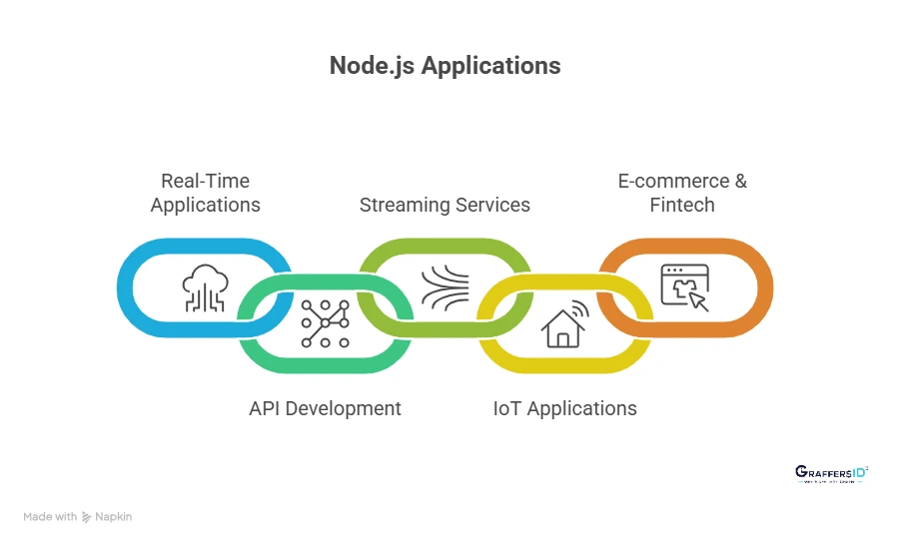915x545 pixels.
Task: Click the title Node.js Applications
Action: [445, 67]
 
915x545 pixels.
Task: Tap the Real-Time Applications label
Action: [205, 193]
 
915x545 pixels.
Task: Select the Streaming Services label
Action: [445, 205]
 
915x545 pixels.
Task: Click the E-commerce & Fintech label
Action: [682, 193]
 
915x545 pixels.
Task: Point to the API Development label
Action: [325, 408]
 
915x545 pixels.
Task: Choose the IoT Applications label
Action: [564, 408]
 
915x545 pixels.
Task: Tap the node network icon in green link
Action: [326, 323]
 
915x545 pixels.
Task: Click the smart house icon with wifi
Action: [564, 322]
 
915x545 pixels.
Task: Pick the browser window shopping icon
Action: [685, 286]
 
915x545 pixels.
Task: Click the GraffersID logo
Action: [831, 473]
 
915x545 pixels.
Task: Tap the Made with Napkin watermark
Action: [78, 517]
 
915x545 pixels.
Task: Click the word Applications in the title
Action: [490, 67]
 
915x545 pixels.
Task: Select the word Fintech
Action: [682, 205]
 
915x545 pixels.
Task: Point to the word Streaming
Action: [400, 205]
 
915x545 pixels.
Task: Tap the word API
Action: [267, 408]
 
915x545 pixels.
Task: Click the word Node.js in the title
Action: [372, 67]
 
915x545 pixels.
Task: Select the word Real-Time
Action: [205, 181]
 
